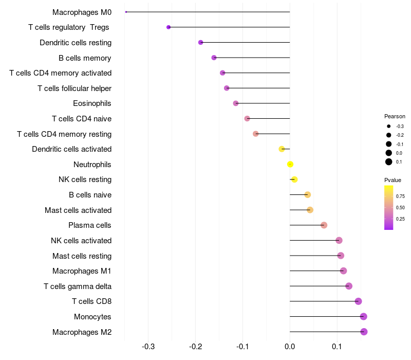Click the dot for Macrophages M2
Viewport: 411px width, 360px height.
coord(364,332)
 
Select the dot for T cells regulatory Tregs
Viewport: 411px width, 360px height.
coord(169,27)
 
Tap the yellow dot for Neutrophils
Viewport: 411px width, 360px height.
coord(290,164)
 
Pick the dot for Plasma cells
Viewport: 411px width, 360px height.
coord(324,225)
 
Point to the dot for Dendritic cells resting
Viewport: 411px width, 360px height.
coord(200,42)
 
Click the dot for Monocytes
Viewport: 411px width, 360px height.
coord(364,316)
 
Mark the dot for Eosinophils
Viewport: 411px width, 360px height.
coord(236,103)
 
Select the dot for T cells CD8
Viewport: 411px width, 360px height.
coord(358,301)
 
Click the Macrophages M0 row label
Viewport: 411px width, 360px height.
coord(82,12)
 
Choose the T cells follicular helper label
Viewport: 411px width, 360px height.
coord(74,88)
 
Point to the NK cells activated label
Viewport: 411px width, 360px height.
coord(81,240)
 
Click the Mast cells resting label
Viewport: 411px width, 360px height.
coord(82,256)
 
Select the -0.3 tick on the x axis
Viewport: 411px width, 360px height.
coord(148,346)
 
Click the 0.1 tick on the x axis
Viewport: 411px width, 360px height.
coord(337,346)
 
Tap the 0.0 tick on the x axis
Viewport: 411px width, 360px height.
coord(290,346)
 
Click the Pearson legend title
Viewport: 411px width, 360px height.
coord(395,116)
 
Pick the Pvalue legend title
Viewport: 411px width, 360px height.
coord(393,180)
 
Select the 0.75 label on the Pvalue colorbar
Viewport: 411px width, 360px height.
coord(400,196)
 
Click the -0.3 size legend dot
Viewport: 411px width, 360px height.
coord(389,126)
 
